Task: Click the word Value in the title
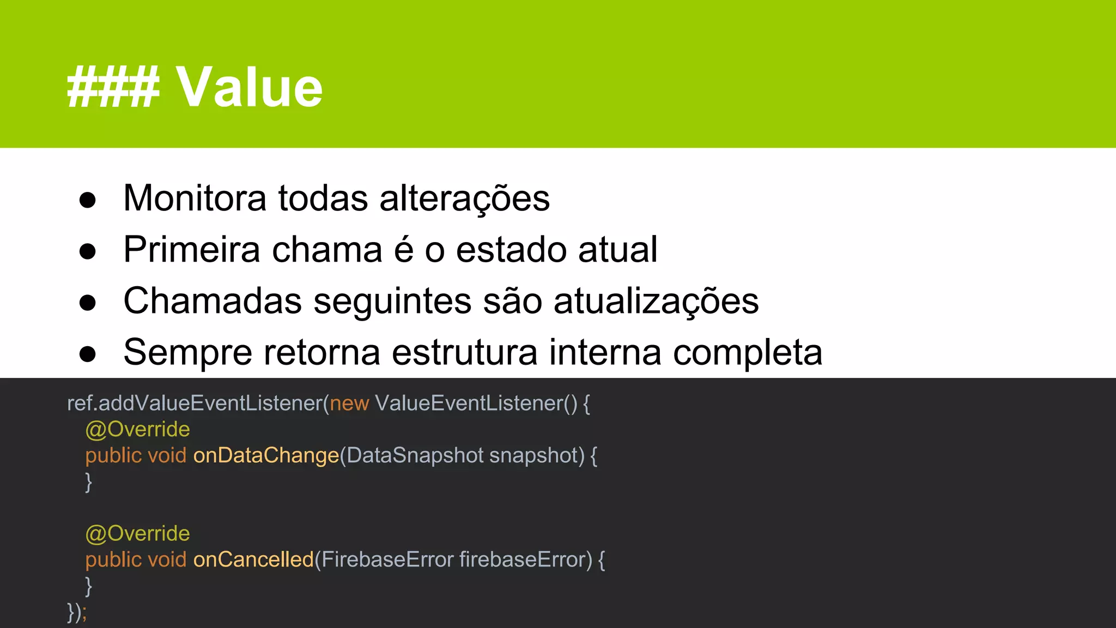click(249, 87)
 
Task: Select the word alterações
click(464, 198)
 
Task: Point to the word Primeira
click(192, 250)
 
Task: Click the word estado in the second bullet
click(511, 250)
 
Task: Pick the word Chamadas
click(213, 301)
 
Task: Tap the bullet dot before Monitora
click(87, 200)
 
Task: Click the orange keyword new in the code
click(349, 403)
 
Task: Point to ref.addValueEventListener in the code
click(195, 403)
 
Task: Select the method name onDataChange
click(266, 456)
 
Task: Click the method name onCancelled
click(253, 560)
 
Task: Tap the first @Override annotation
click(137, 430)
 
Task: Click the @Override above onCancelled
click(137, 534)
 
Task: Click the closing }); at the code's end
click(76, 612)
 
